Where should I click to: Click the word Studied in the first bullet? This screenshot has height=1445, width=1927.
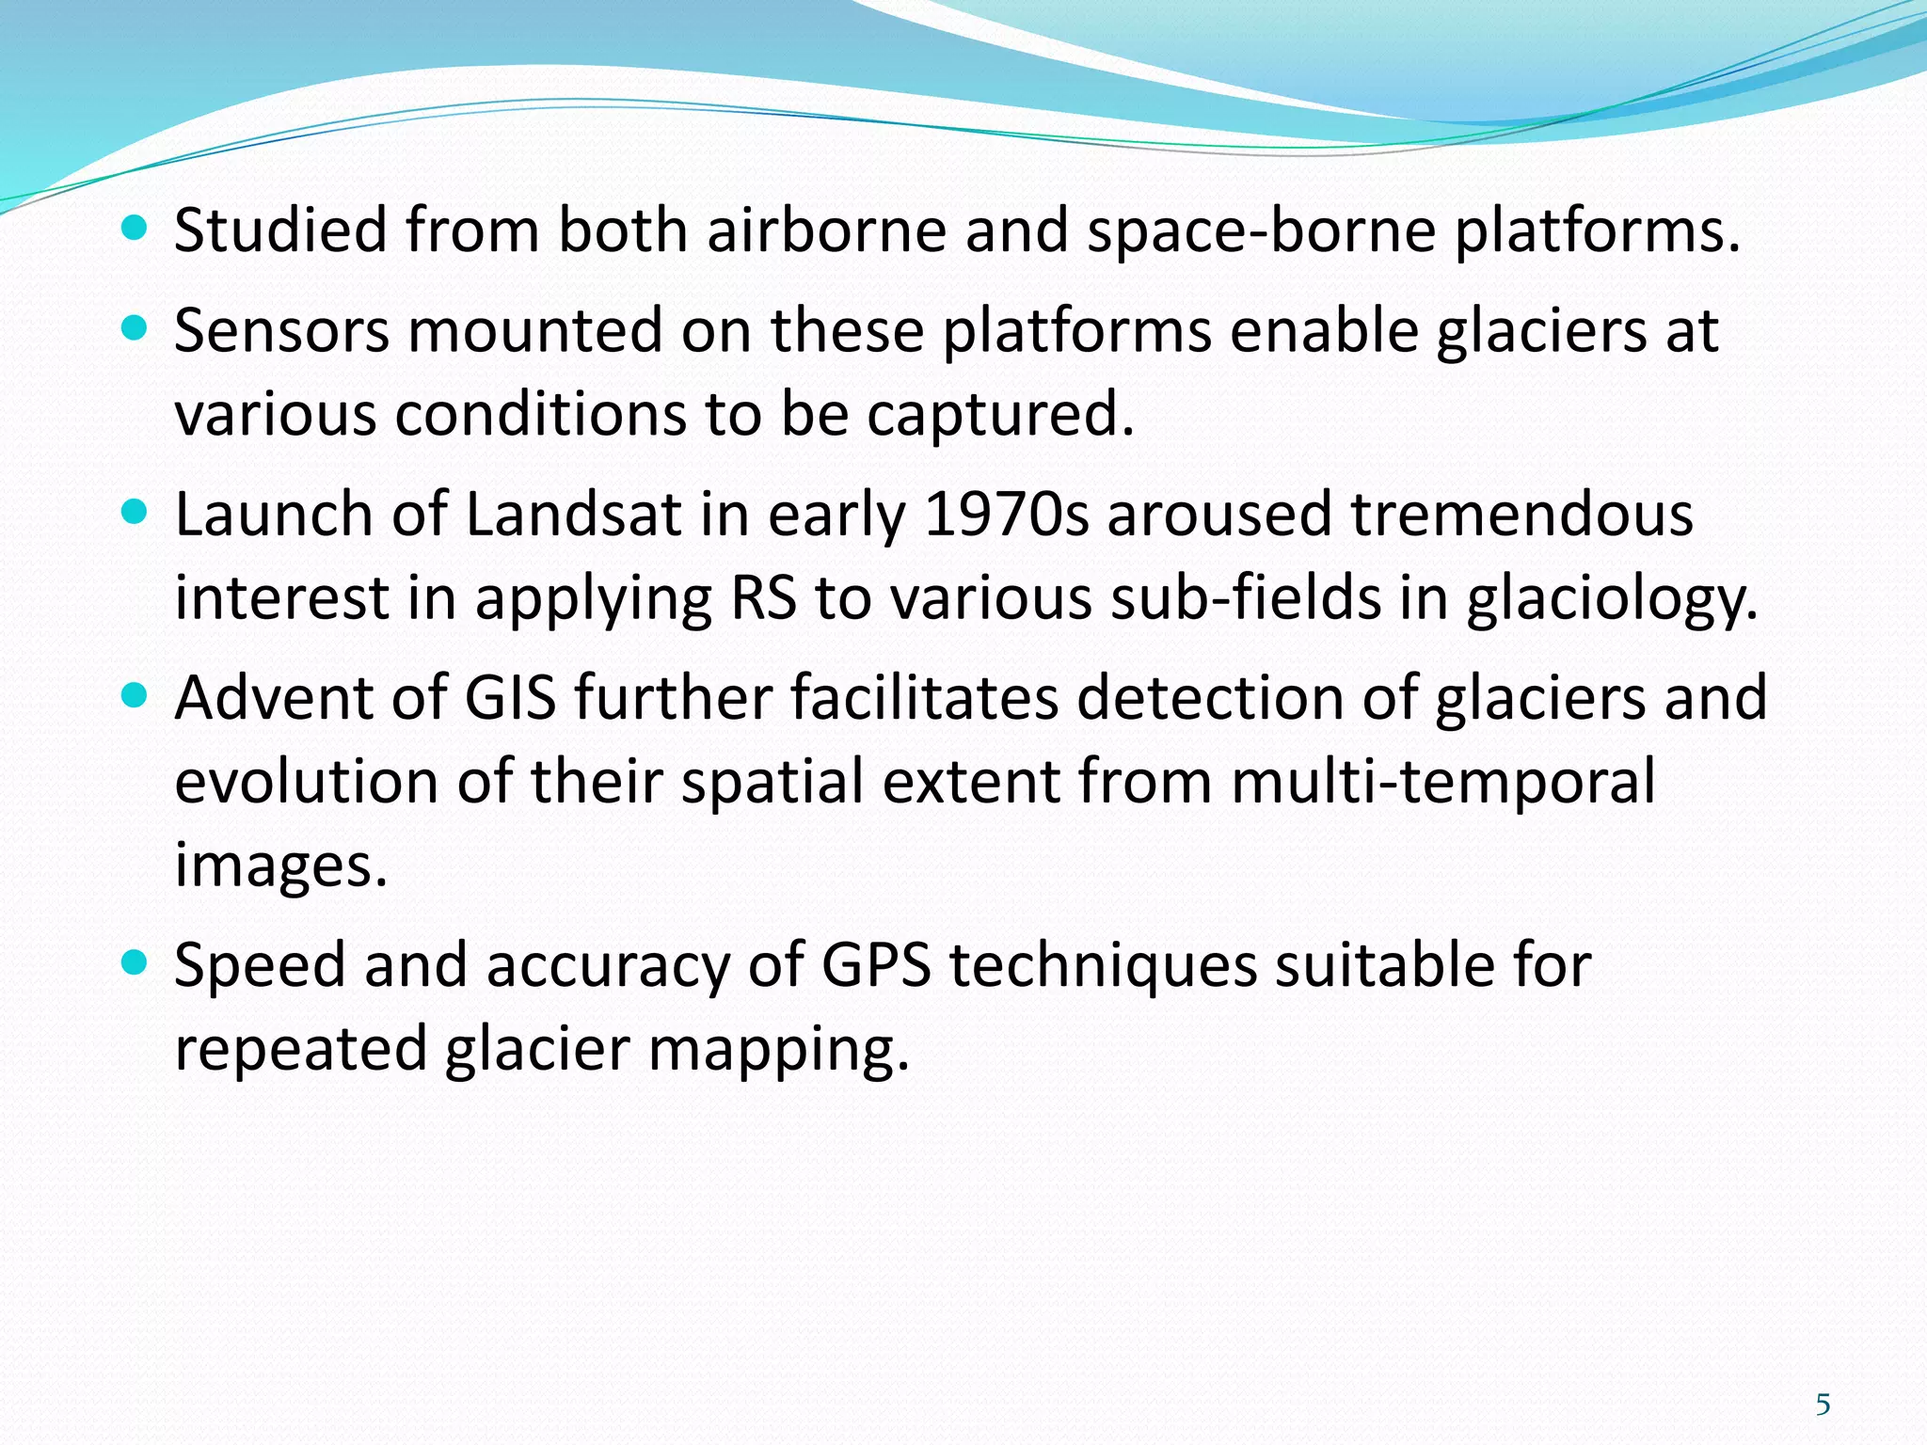pos(280,230)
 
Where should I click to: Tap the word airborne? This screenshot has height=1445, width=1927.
pos(826,230)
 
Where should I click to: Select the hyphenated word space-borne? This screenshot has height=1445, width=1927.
pos(1261,230)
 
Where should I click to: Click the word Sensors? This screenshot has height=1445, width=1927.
pos(281,331)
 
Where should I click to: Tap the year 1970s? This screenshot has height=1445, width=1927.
pos(1006,515)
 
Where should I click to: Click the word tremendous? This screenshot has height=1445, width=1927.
pos(1521,515)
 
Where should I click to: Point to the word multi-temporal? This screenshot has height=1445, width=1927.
pos(1442,782)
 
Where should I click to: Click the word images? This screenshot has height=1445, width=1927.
pos(281,866)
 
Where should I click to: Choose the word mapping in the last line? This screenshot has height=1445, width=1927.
pos(779,1050)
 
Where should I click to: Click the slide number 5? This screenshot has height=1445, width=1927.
pos(1823,1405)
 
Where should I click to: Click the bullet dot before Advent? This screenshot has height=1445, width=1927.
pos(136,695)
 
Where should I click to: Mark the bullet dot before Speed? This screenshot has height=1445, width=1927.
pos(136,962)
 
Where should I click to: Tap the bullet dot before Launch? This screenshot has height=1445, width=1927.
pos(136,512)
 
